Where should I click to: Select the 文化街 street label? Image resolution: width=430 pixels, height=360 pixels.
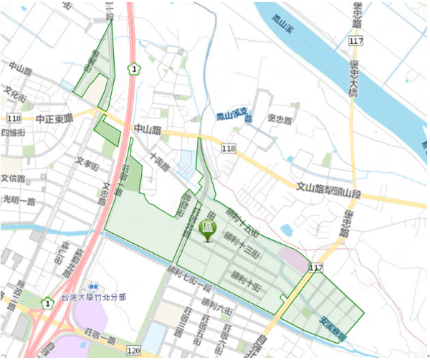[15, 94]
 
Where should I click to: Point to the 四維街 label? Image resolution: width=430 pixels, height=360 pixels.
[13, 133]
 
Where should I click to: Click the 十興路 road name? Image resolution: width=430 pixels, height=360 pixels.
[159, 161]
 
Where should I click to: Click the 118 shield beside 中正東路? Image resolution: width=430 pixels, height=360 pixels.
[14, 118]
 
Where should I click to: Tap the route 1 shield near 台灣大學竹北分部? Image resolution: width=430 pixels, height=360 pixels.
[47, 302]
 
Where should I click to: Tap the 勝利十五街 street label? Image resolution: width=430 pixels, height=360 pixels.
[241, 221]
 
